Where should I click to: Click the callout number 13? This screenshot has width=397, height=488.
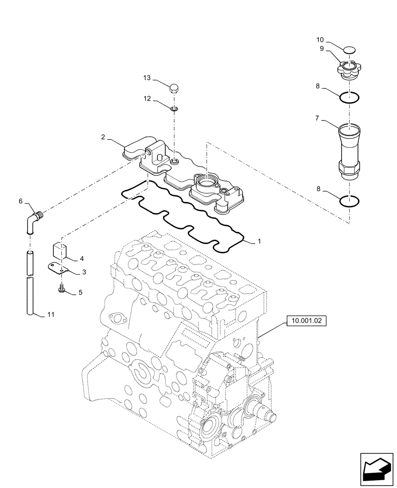pos(146,79)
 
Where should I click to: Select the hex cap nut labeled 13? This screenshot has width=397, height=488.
pos(174,88)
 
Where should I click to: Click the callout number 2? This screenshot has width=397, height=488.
pos(103,138)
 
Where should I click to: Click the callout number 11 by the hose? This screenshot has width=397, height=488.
pos(51,315)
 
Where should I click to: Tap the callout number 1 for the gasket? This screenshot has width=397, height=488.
pos(259,241)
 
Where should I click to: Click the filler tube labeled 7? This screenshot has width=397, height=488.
pos(349,146)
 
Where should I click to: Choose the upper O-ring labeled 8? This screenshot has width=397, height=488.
pos(350,98)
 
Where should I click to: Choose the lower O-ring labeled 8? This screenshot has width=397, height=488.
pos(350,200)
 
